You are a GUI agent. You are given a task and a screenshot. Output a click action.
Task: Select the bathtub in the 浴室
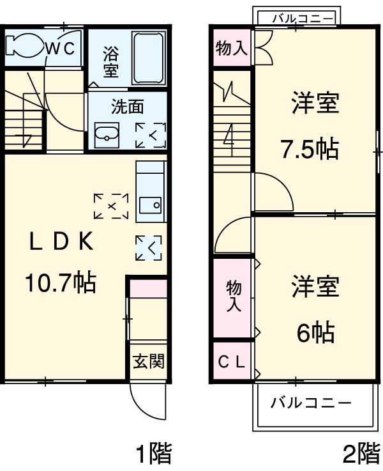point(149,58)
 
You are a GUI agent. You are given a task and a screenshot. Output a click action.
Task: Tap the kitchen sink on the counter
point(151,206)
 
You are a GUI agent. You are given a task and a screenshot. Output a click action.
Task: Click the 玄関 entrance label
point(149,361)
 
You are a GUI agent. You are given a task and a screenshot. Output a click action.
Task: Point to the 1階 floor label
point(153,454)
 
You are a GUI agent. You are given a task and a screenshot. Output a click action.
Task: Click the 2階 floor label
point(361,454)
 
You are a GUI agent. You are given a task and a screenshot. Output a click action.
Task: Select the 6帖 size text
point(315,332)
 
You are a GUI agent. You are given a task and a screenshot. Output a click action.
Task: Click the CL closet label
point(231,362)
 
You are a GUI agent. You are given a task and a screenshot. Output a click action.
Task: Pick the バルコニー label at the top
point(301,18)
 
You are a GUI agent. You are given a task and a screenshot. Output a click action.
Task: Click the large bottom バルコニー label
point(310,403)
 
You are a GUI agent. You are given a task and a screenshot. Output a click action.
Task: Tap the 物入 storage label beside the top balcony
point(231,49)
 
